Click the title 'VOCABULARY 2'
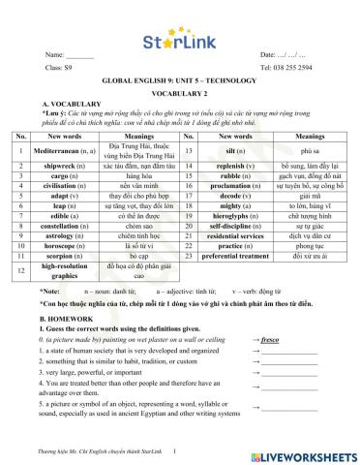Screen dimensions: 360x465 [180, 93]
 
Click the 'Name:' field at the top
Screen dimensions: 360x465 [68, 56]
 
